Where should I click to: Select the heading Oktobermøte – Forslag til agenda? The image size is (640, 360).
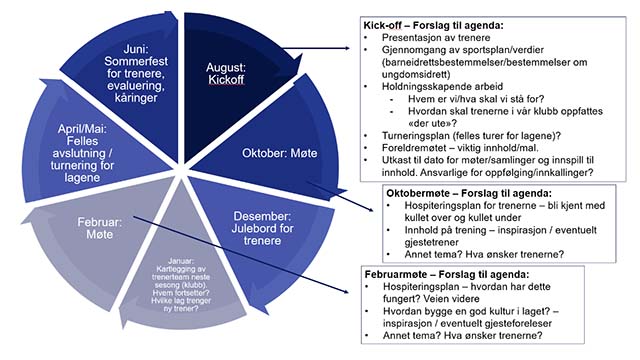470,193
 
